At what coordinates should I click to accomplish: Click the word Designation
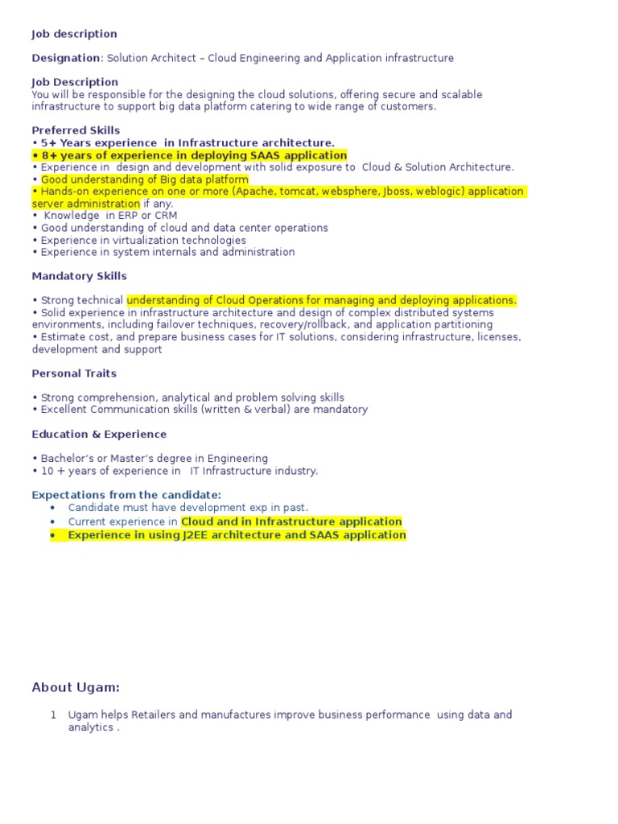click(66, 58)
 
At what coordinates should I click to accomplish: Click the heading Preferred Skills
click(76, 130)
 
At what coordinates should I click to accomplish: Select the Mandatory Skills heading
click(79, 276)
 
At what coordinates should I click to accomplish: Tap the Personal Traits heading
click(74, 373)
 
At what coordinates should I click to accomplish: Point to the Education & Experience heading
click(99, 435)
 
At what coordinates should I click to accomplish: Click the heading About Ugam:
click(76, 687)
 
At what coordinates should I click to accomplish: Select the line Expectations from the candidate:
click(126, 495)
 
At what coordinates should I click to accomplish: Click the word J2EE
click(187, 535)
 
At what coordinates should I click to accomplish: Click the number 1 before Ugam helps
click(53, 715)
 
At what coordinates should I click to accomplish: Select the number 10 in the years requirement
click(47, 471)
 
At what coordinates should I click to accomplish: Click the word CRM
click(166, 216)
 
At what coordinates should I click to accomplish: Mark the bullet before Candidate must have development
click(53, 508)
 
